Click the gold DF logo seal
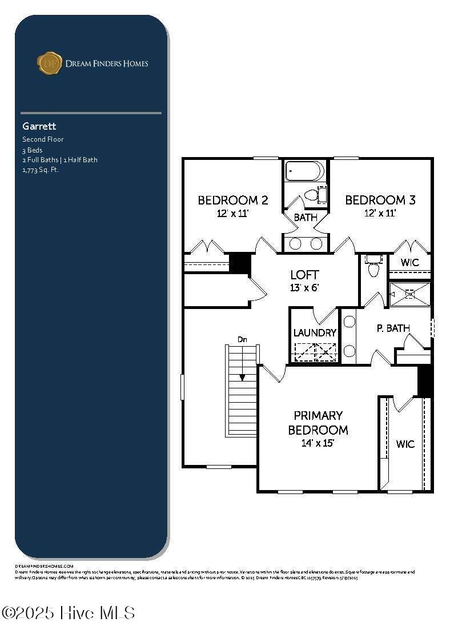point(49,63)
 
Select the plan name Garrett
point(39,126)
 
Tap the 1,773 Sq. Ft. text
point(41,170)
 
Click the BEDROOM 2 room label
point(233,200)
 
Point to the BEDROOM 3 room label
point(380,200)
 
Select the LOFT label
point(304,275)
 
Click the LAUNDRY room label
point(315,332)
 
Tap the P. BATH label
point(393,328)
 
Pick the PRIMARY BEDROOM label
point(318,423)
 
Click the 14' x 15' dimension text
point(318,443)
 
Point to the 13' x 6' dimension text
point(304,288)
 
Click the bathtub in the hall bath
point(305,171)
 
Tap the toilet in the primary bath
point(373,267)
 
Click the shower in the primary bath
point(409,294)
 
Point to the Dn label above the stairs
point(243,340)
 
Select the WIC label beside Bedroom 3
point(409,263)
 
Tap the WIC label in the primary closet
point(405,444)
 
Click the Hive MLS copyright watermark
point(68,613)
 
